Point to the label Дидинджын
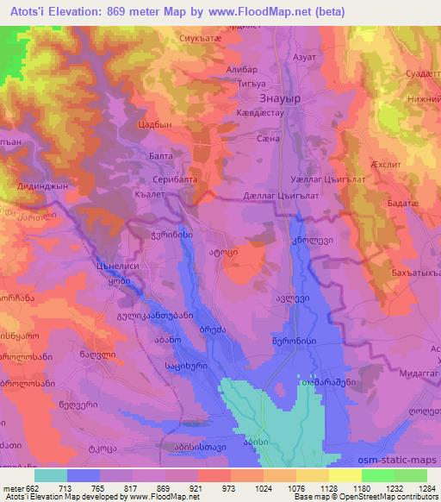[42, 185]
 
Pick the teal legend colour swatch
[51, 475]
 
